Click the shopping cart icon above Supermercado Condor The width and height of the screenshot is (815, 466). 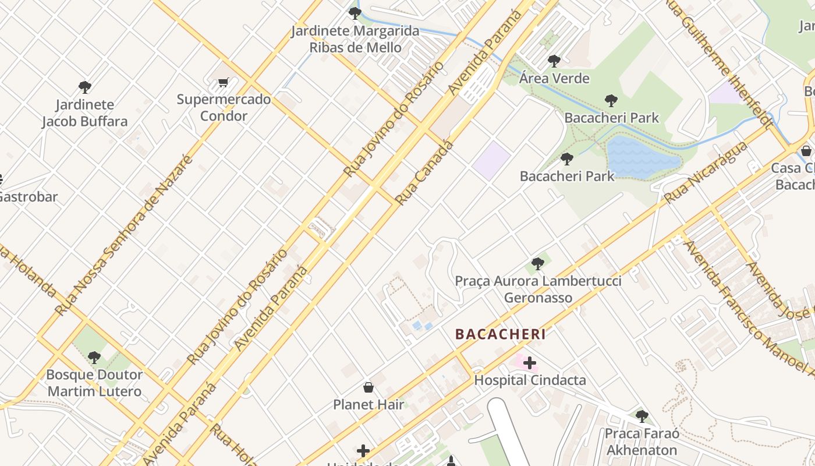[x=224, y=82]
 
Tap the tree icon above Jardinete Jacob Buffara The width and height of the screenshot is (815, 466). [x=85, y=87]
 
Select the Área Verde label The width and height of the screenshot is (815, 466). [x=554, y=78]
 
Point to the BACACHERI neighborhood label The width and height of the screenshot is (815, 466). [x=500, y=334]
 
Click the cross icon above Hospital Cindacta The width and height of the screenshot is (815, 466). [x=529, y=363]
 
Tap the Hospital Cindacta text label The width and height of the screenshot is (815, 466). [x=530, y=380]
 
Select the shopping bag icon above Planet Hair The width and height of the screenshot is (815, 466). [x=368, y=387]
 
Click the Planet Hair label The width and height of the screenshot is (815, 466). [x=368, y=404]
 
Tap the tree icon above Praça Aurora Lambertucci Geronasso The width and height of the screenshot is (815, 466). [x=538, y=264]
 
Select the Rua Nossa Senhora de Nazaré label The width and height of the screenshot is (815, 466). [x=123, y=236]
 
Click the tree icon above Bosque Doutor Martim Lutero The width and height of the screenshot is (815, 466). [x=94, y=357]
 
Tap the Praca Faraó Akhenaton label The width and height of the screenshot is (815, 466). [x=642, y=442]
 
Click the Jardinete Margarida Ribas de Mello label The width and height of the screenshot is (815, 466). [x=355, y=39]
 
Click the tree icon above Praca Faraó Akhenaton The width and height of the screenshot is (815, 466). [x=642, y=416]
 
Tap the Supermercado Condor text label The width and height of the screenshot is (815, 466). [x=224, y=107]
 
